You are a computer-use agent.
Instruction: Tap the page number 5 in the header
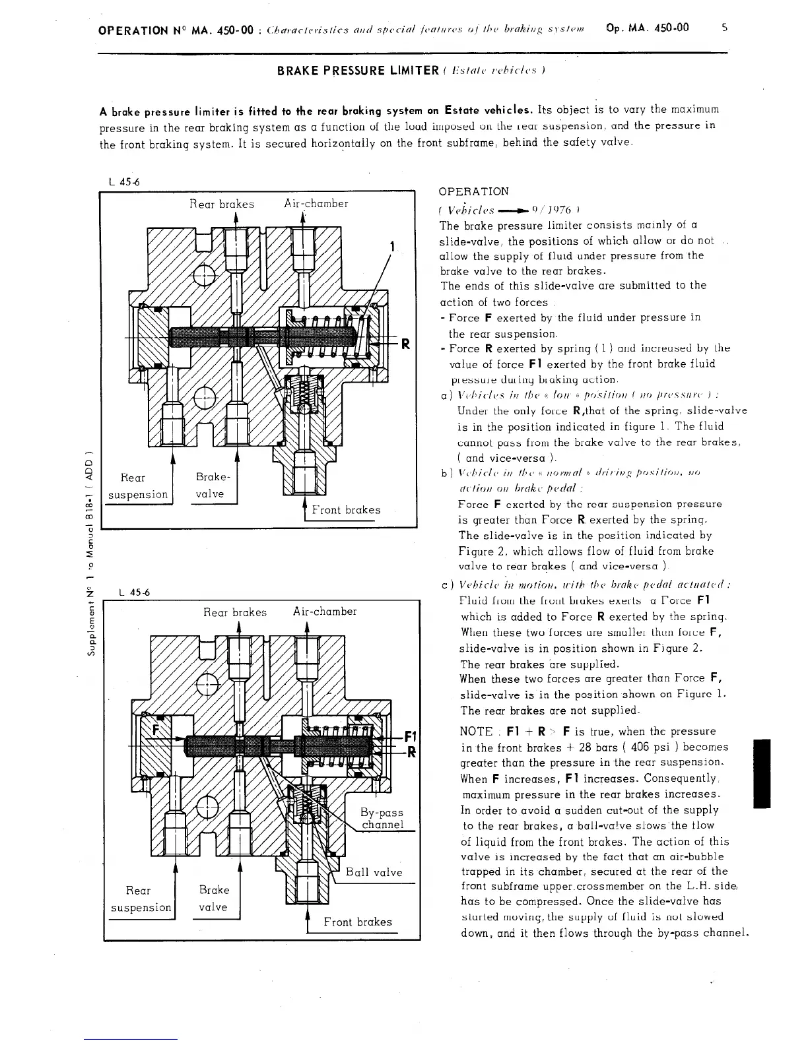coord(725,28)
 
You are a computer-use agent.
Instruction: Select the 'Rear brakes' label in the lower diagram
coord(234,612)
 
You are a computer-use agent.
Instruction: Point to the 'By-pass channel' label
coord(382,818)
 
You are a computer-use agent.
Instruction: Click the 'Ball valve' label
coord(374,872)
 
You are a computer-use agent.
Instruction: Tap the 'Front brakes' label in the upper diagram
coord(347,509)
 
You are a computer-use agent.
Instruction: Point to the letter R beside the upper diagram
coord(406,343)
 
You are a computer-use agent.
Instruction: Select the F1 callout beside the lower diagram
coord(410,737)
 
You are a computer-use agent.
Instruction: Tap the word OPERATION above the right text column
coord(473,191)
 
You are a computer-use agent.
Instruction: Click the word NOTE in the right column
coord(475,732)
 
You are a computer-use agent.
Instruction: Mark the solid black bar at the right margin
coord(762,774)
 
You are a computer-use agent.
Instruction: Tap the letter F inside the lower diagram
coord(156,730)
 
